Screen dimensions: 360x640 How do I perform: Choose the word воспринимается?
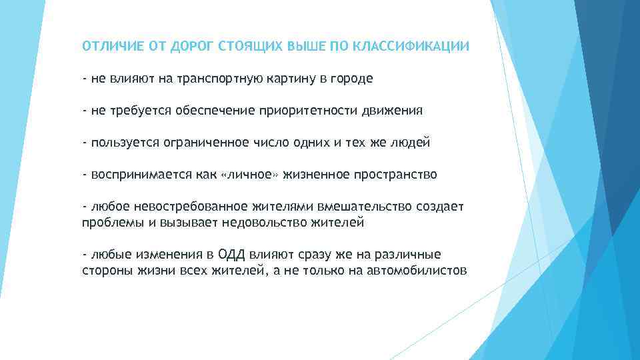134,175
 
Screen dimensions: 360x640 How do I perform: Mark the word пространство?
395,175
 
